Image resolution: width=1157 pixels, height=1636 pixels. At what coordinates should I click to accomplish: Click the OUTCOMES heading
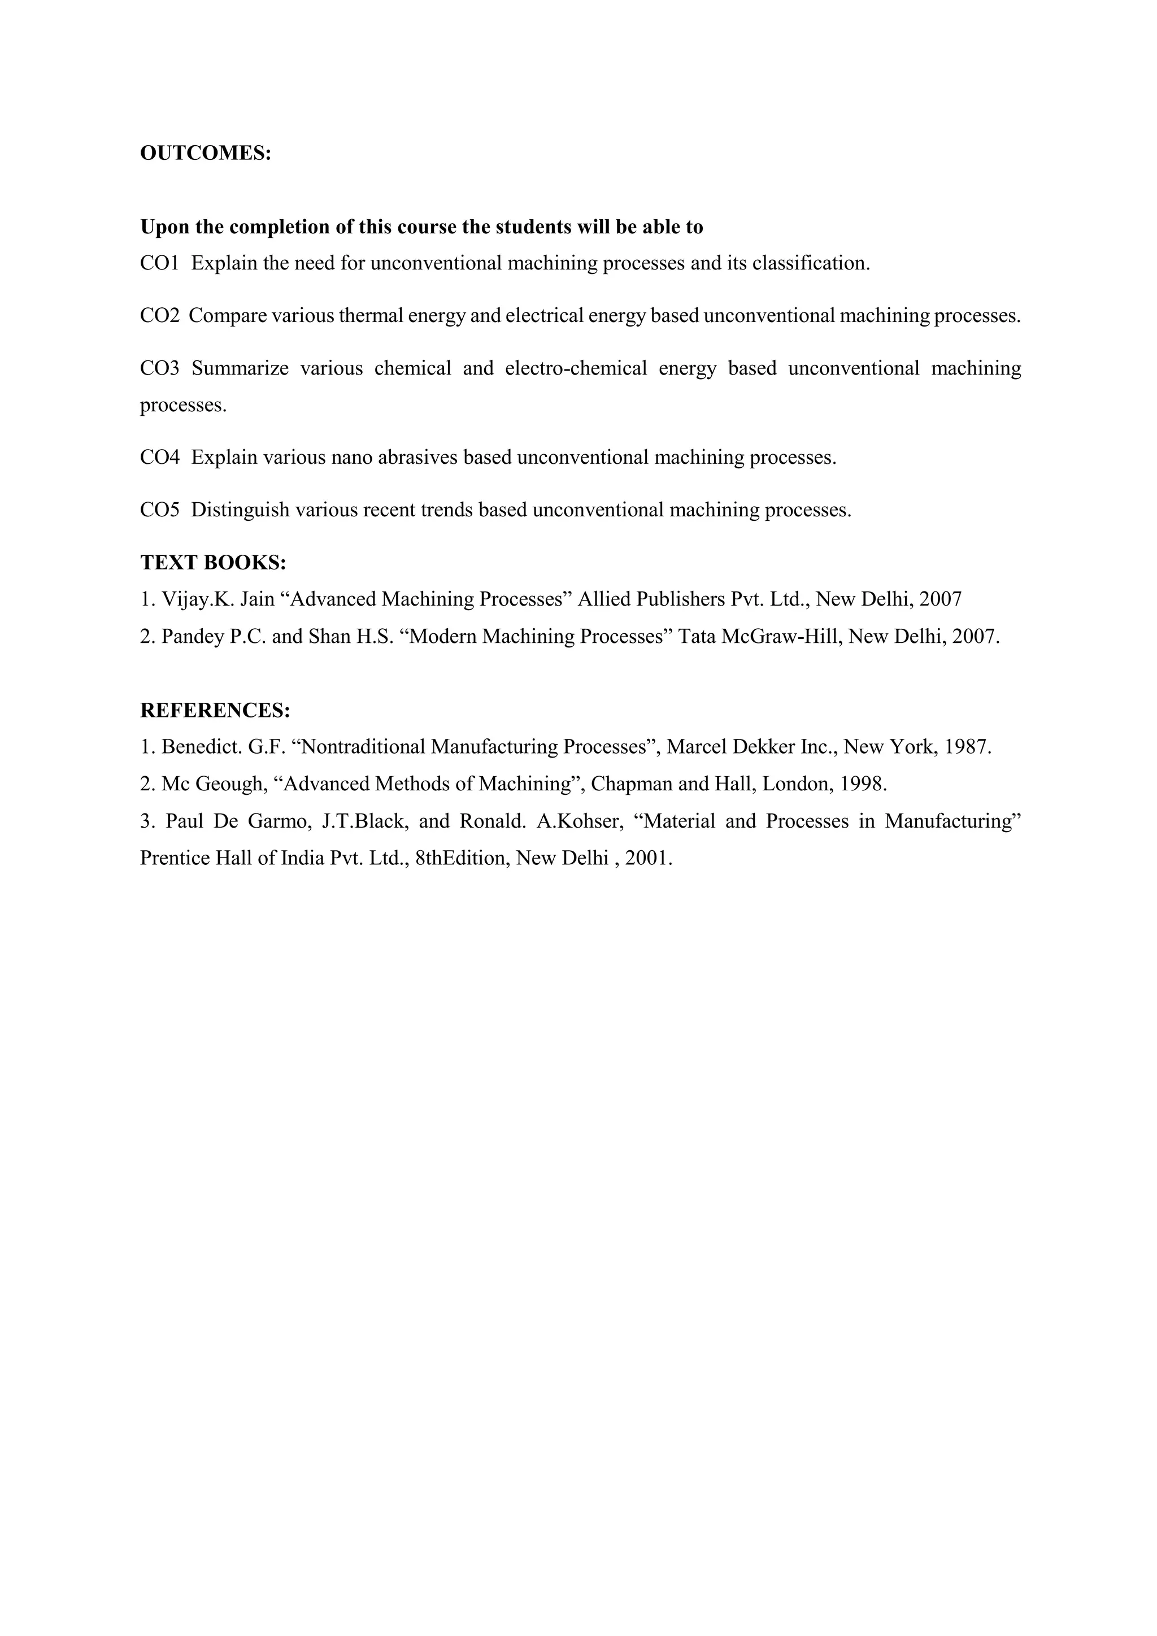205,153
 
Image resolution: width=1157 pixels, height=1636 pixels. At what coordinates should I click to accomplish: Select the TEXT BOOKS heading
213,562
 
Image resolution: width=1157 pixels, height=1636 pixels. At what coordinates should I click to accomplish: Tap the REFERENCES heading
215,711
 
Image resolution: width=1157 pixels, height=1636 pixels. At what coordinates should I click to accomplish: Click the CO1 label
159,264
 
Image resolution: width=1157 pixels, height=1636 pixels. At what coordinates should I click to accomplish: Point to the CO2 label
159,316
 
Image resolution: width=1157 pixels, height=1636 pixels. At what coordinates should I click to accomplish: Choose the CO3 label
159,368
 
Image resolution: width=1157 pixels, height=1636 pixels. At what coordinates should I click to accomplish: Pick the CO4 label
159,458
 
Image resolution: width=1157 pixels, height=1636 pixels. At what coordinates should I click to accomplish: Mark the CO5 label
159,510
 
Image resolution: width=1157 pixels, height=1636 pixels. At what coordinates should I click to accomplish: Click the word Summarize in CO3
240,368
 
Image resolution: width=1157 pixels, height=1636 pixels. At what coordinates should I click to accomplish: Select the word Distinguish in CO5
240,510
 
